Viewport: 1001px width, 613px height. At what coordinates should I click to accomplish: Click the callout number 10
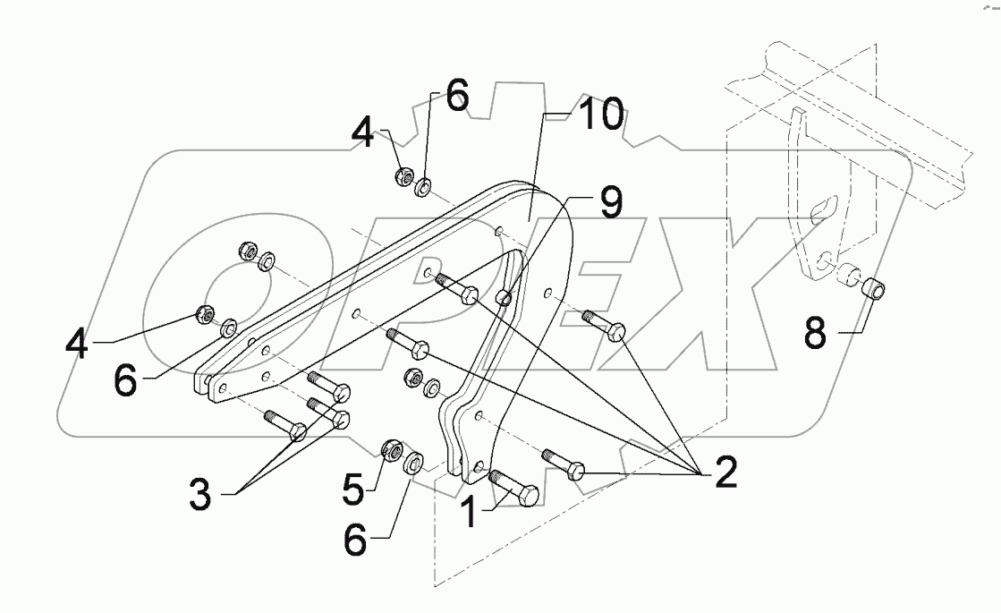coord(598,115)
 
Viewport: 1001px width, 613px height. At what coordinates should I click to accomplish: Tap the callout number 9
coord(611,205)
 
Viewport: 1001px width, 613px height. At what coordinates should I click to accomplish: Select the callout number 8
coord(814,336)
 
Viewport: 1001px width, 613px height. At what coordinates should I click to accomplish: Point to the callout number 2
coord(724,472)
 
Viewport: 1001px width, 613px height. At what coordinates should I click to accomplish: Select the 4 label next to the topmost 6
coord(363,133)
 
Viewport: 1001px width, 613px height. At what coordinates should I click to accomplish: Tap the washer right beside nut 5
coord(413,464)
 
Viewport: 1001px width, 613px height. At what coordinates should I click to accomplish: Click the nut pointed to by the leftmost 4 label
coord(205,315)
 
